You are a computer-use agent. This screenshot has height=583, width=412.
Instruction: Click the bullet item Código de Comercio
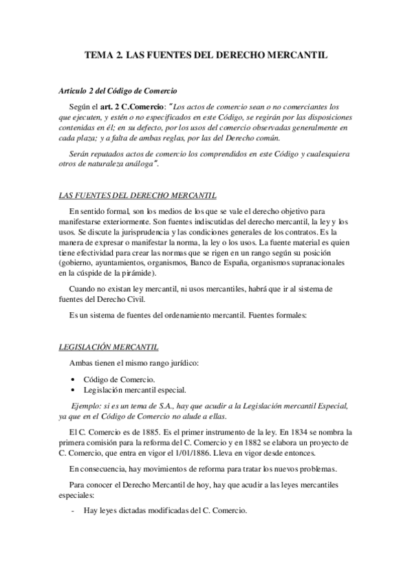[119, 379]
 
